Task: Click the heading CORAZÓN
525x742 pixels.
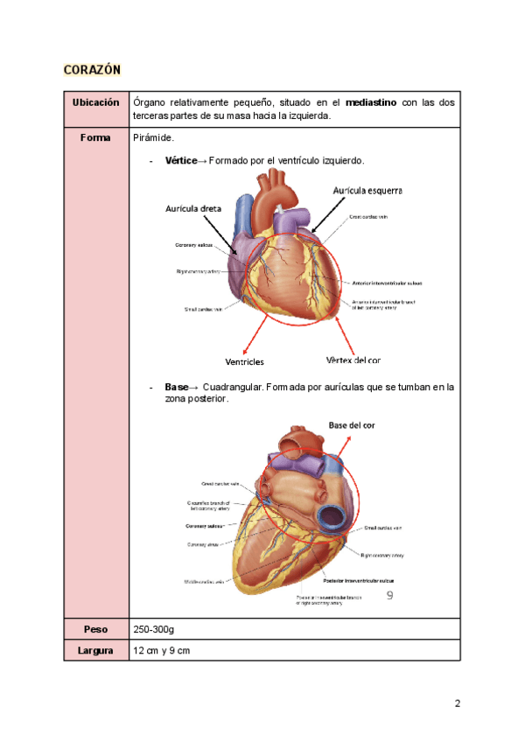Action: [x=92, y=69]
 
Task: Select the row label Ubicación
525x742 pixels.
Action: [x=95, y=102]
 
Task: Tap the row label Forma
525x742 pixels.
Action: [x=95, y=138]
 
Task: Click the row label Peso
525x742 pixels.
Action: [x=95, y=629]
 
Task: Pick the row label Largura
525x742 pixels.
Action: [x=95, y=651]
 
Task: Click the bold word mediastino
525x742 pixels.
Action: [x=371, y=103]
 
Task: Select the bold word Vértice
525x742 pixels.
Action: [x=181, y=162]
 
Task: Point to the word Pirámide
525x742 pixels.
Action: [x=154, y=138]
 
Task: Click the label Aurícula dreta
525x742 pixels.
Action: [x=193, y=209]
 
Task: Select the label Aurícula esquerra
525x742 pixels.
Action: [x=367, y=189]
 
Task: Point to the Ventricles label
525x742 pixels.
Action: [x=244, y=361]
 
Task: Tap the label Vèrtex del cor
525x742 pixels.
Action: [x=353, y=360]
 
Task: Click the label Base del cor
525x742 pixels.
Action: [x=352, y=424]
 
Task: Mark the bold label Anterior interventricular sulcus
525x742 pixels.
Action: [x=388, y=283]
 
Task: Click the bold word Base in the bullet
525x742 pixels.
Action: [x=177, y=386]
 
